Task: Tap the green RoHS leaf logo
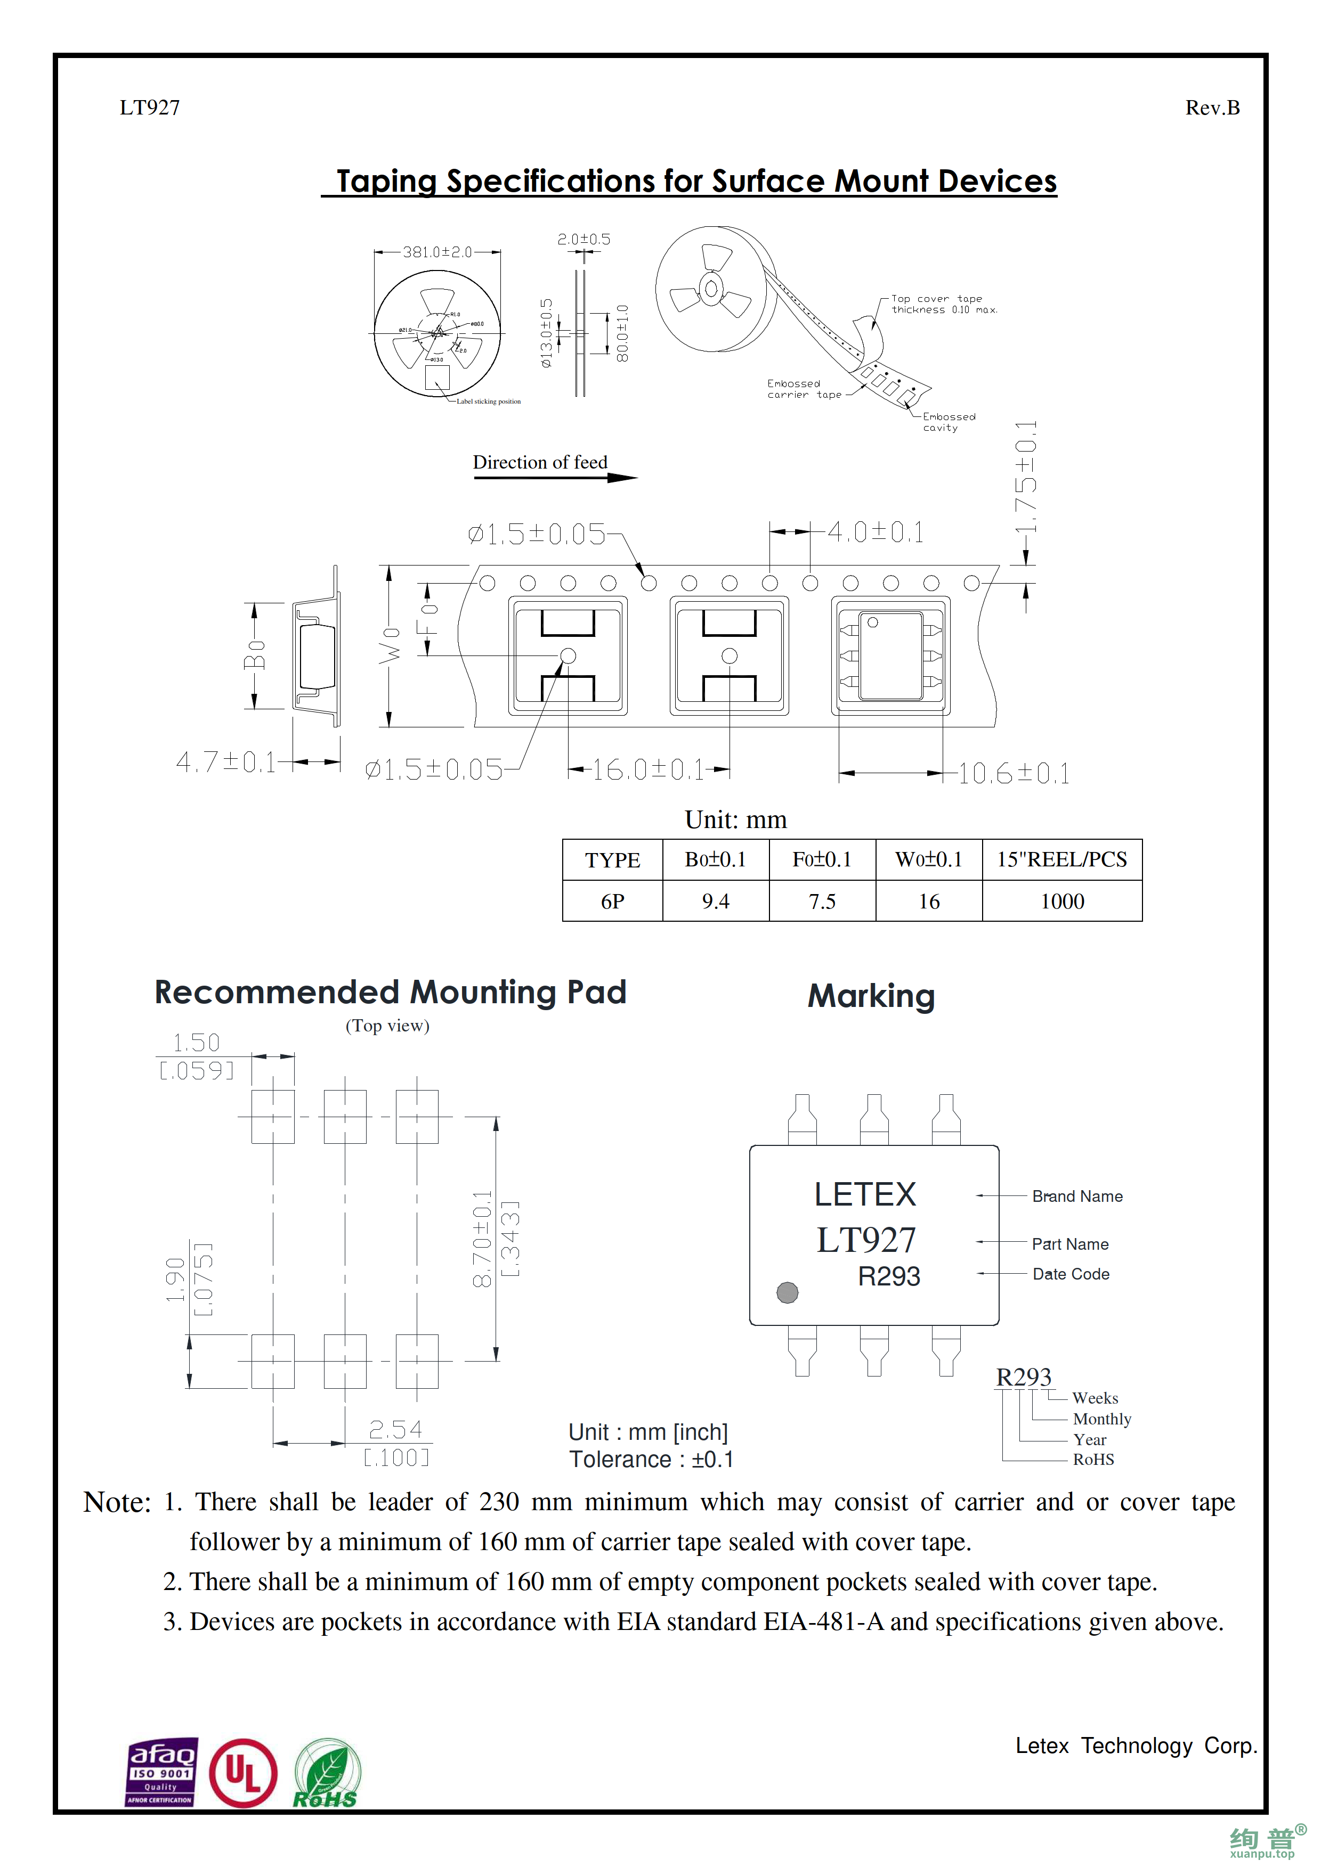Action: coord(326,1774)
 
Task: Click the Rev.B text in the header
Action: coord(1212,108)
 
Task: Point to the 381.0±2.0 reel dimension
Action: coord(437,252)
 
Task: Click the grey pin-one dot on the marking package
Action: coord(787,1292)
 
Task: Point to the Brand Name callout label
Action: coord(1077,1196)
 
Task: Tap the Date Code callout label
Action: coord(1071,1274)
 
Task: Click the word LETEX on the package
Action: coord(865,1194)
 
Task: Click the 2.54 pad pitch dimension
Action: coord(395,1429)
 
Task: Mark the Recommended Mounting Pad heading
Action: coord(391,993)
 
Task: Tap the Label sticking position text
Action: coord(488,401)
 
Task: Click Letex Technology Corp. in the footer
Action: coord(1136,1746)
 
